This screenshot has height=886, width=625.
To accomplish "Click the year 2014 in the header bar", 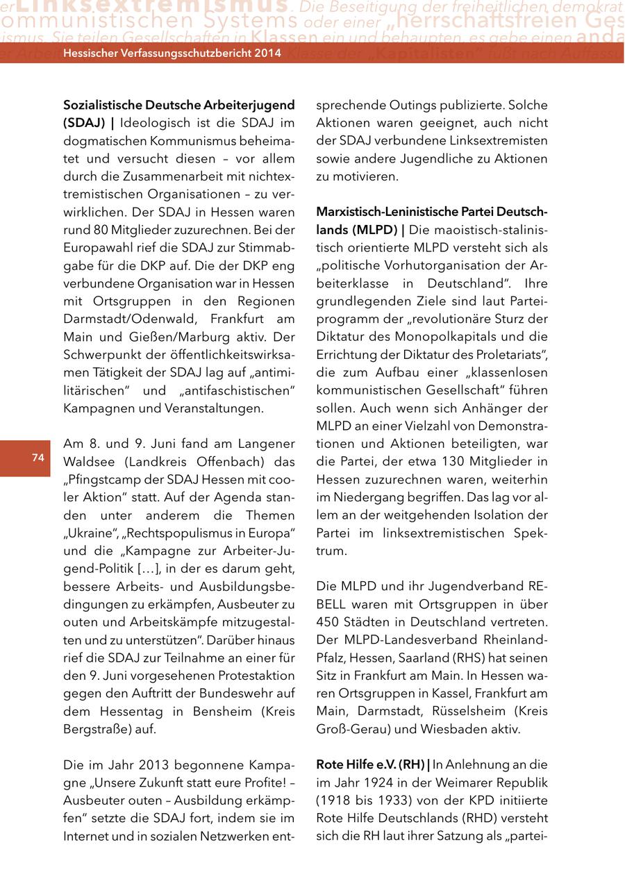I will (267, 53).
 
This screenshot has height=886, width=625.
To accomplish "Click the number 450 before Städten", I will (331, 621).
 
